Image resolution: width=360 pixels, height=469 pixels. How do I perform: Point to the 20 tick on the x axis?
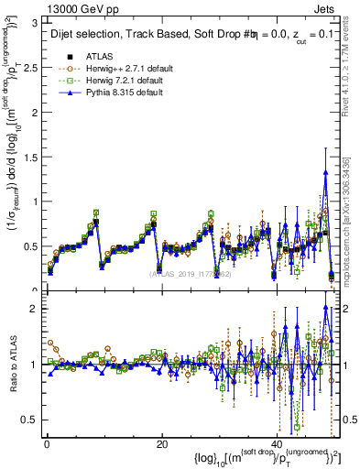coord(161,444)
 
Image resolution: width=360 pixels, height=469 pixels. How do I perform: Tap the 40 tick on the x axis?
coord(277,444)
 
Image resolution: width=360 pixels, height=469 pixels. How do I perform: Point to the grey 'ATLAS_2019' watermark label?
coord(187,273)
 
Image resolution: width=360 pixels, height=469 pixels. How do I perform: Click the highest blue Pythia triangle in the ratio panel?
coord(326,308)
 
